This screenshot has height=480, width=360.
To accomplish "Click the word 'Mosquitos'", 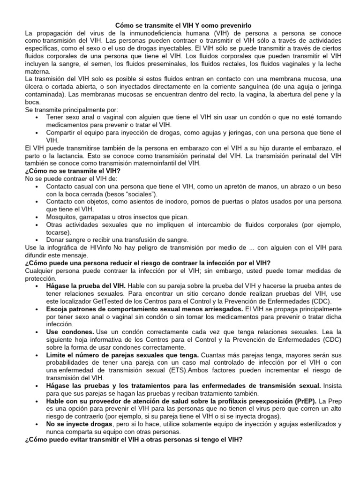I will (62, 217).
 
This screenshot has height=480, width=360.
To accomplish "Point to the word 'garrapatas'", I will (97, 217).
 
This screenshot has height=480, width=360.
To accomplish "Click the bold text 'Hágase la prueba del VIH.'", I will (86, 285).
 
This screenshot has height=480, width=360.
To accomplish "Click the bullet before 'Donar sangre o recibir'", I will (37, 240).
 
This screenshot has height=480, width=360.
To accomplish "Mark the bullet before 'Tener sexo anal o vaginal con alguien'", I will (37, 117).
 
